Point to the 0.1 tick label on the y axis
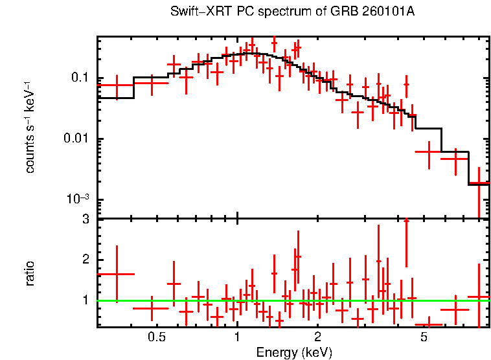point(79,78)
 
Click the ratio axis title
point(30,273)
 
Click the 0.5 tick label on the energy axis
point(156,337)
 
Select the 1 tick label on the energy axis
point(237,337)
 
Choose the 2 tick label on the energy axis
point(318,337)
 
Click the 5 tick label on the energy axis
point(424,337)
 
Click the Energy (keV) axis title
point(294,352)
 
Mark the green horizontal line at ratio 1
point(194,300)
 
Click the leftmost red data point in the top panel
point(116,85)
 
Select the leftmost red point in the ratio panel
point(117,274)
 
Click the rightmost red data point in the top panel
point(479,184)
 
